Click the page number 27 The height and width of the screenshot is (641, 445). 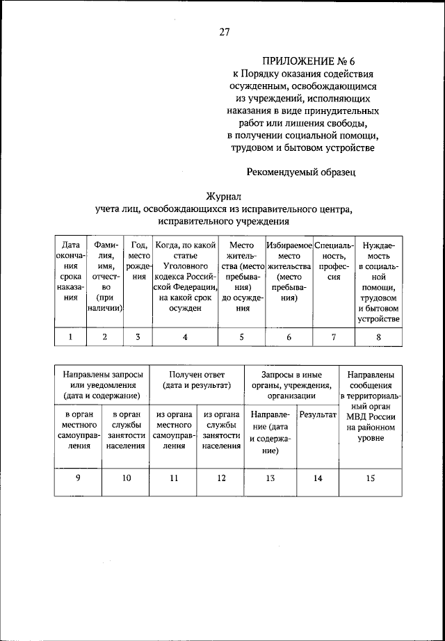click(x=223, y=31)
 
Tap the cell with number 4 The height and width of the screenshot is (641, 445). click(x=185, y=337)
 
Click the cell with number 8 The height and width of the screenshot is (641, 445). click(x=379, y=337)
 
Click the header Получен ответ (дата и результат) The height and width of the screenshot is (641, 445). click(x=197, y=380)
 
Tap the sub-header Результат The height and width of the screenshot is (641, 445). click(x=317, y=415)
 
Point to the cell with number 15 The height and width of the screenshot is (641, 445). click(x=370, y=478)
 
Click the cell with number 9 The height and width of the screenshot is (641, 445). click(x=78, y=478)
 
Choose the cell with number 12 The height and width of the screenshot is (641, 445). click(x=221, y=478)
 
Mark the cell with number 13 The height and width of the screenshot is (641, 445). click(x=270, y=478)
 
